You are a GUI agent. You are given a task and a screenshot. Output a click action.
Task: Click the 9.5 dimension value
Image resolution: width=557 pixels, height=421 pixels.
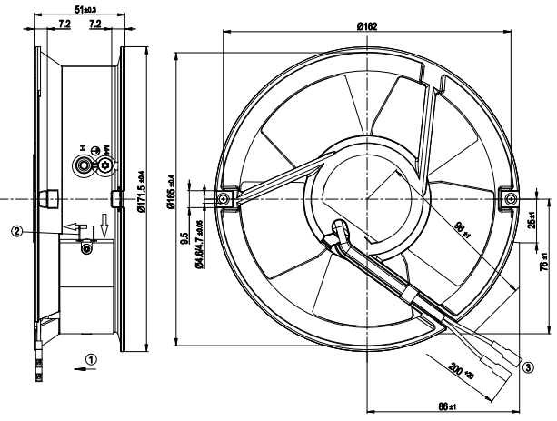tap(184, 241)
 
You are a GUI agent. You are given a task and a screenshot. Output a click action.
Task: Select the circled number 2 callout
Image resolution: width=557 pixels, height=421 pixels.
tap(16, 230)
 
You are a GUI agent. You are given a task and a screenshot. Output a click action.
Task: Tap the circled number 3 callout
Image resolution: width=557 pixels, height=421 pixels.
tap(527, 366)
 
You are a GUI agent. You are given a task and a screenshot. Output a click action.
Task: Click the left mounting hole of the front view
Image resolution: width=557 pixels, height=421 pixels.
tap(221, 196)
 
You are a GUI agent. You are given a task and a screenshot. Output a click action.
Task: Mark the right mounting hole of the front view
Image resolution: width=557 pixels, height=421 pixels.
tap(507, 196)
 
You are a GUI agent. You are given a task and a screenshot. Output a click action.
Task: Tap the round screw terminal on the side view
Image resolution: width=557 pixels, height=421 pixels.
tap(85, 165)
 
